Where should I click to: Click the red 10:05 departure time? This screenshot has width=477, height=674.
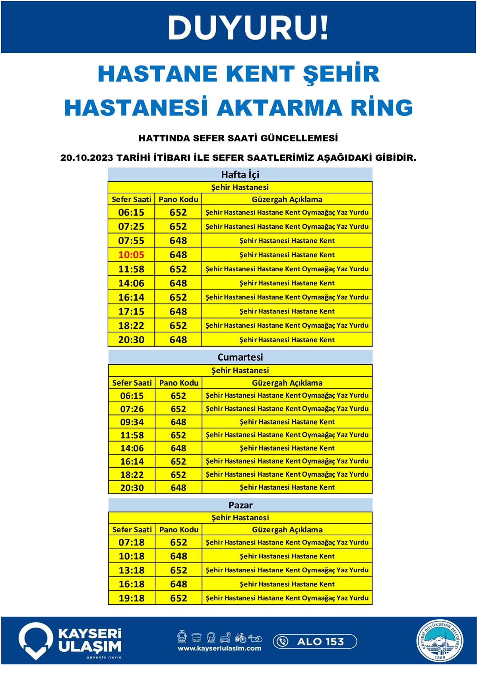pyautogui.click(x=131, y=255)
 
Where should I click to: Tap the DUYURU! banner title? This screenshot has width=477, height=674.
pyautogui.click(x=248, y=27)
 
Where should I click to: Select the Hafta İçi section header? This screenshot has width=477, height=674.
pyautogui.click(x=240, y=174)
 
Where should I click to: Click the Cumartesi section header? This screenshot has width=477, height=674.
pyautogui.click(x=240, y=357)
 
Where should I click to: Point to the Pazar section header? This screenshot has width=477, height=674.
pyautogui.click(x=240, y=505)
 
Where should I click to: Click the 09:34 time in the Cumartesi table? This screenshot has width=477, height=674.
pyautogui.click(x=132, y=422)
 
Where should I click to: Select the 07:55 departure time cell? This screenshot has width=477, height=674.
pyautogui.click(x=131, y=241)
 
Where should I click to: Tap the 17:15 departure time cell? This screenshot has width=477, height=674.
pyautogui.click(x=131, y=311)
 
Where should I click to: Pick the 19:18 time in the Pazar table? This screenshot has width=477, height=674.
pyautogui.click(x=132, y=598)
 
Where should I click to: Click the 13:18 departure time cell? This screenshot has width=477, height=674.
pyautogui.click(x=132, y=570)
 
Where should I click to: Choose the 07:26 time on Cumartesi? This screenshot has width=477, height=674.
pyautogui.click(x=132, y=409)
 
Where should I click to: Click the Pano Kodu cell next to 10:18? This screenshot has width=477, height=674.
pyautogui.click(x=178, y=556)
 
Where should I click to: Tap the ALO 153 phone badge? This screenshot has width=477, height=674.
pyautogui.click(x=315, y=641)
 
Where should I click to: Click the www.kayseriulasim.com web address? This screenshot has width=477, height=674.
pyautogui.click(x=219, y=648)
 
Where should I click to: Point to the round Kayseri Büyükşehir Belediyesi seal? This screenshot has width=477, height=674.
pyautogui.click(x=440, y=641)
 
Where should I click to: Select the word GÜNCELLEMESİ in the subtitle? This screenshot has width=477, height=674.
pyautogui.click(x=299, y=138)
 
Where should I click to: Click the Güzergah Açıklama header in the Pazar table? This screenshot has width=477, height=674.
pyautogui.click(x=287, y=529)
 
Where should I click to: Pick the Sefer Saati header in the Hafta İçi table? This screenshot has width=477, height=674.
pyautogui.click(x=132, y=199)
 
